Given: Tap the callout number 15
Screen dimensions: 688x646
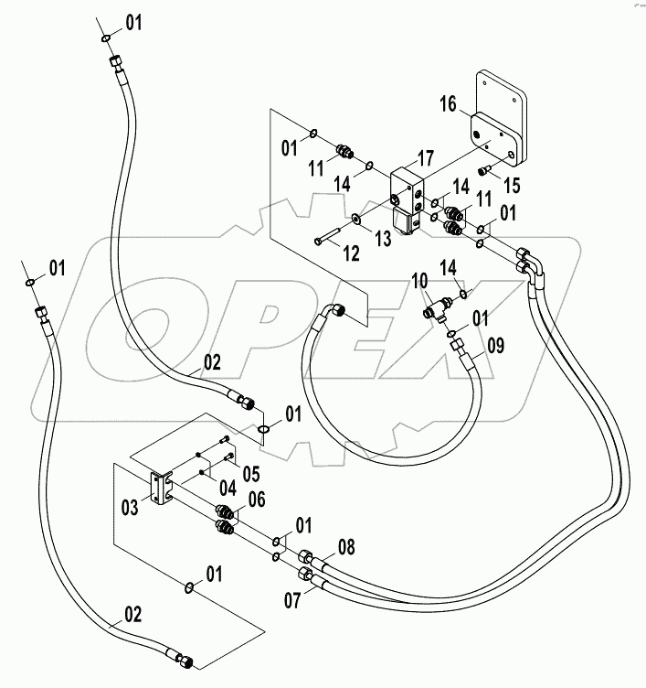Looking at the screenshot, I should click(x=512, y=186).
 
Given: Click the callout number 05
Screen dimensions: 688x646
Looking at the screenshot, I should click(x=249, y=472).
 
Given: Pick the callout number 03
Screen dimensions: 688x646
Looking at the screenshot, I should click(x=131, y=506).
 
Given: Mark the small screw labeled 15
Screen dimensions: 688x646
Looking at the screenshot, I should click(x=483, y=172).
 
